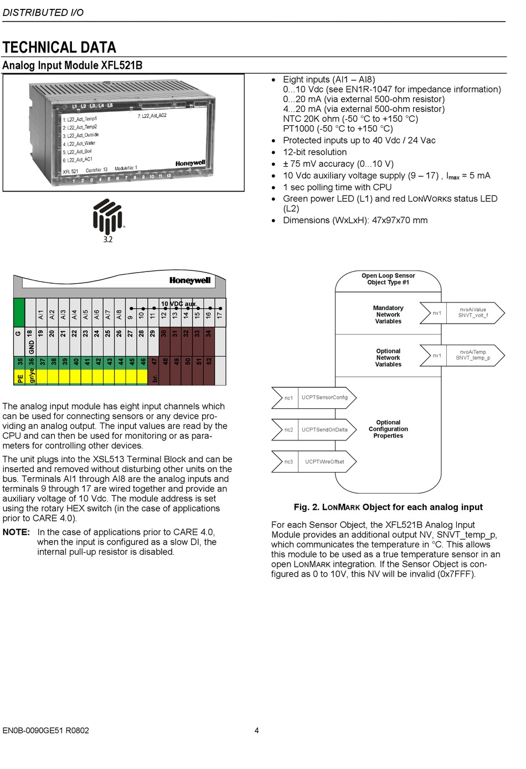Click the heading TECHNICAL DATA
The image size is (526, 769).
59,48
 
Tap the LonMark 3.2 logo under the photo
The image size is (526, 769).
108,220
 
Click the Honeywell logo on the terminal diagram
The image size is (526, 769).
190,280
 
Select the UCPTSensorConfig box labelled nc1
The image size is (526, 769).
314,398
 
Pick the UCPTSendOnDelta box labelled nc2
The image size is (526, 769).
314,430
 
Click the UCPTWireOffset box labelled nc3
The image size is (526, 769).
314,462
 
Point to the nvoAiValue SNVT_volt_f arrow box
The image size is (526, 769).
462,313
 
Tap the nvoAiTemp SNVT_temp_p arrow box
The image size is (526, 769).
462,355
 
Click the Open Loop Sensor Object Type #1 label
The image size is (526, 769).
388,279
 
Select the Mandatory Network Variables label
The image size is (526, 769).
388,315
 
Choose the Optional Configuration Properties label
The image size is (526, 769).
388,429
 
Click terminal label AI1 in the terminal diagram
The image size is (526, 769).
41,314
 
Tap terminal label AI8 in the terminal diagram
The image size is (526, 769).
119,314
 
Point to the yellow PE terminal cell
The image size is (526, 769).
20,378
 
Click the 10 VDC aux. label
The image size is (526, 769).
178,304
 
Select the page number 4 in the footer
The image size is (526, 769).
256,730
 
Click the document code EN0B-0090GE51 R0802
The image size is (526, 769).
45,730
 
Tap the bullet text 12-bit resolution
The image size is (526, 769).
314,152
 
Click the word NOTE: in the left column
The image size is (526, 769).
16,532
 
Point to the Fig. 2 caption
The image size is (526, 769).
388,507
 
